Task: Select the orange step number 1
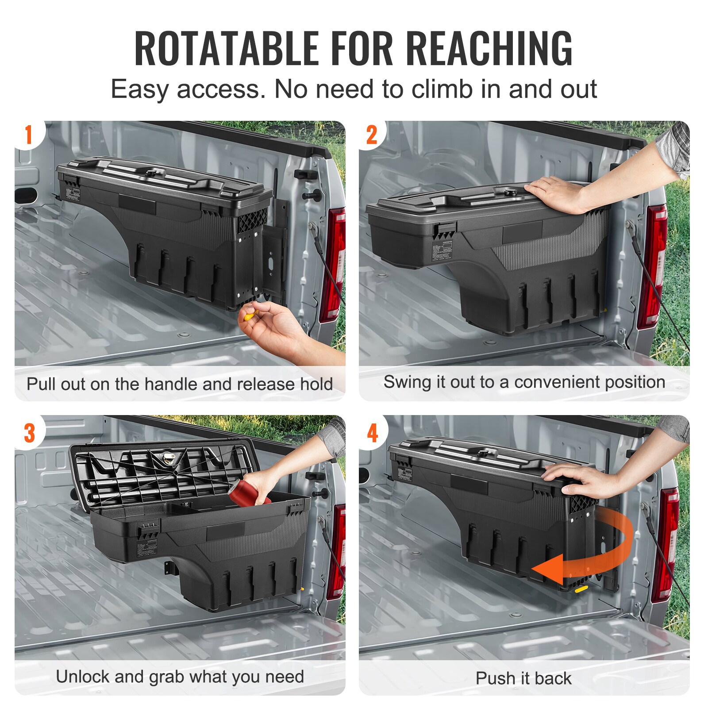pyautogui.click(x=29, y=135)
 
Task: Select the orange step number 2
pyautogui.click(x=372, y=135)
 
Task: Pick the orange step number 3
pyautogui.click(x=29, y=433)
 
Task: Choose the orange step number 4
pyautogui.click(x=373, y=433)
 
